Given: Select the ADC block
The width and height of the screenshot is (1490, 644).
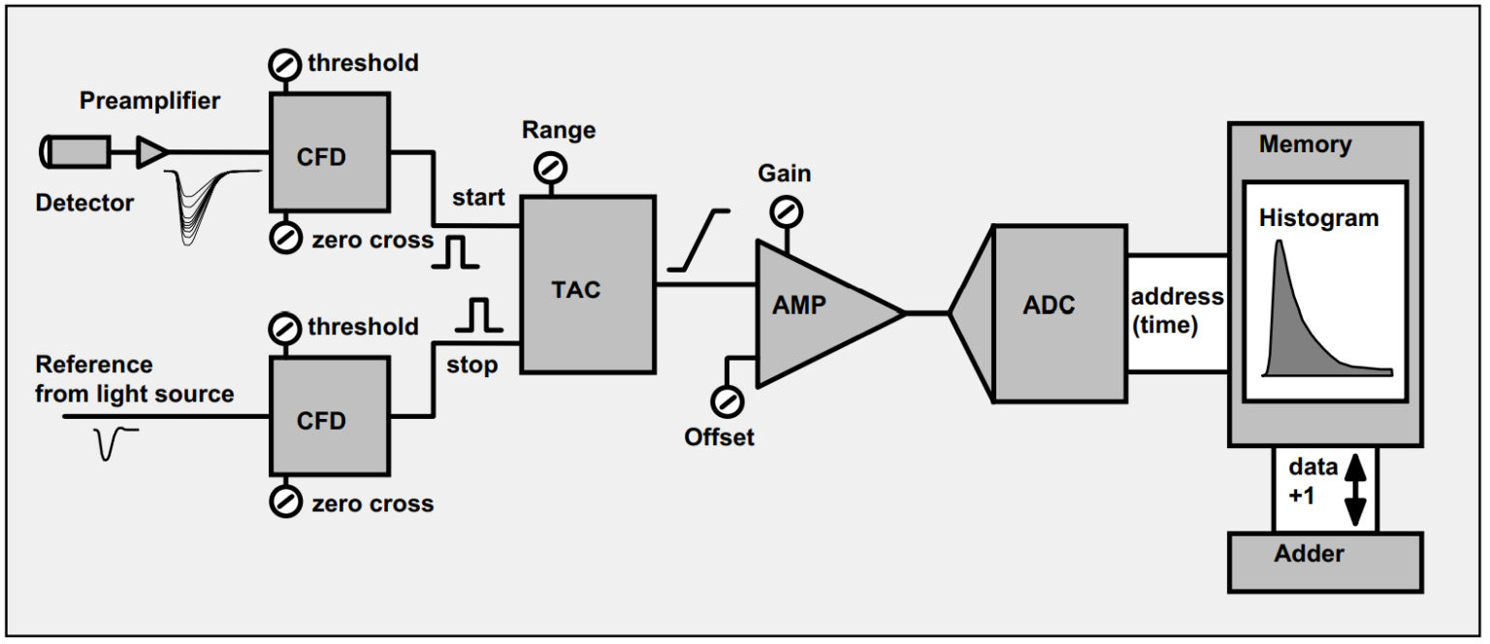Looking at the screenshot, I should [x=1059, y=312].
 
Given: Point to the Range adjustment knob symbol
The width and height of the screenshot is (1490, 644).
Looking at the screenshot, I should [x=551, y=169].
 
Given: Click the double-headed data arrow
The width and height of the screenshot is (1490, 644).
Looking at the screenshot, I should [x=1355, y=491].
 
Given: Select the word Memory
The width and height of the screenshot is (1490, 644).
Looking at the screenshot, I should [x=1305, y=145].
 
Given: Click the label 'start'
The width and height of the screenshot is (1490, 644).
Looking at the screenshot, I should [x=478, y=198].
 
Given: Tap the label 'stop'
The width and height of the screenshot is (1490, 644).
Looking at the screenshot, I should [x=471, y=366].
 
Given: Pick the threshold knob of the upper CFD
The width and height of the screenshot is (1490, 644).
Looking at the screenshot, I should [x=284, y=66].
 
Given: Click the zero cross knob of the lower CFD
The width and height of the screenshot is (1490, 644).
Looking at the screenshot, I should [x=284, y=500].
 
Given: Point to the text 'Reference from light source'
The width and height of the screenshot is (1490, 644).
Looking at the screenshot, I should [x=134, y=379].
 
